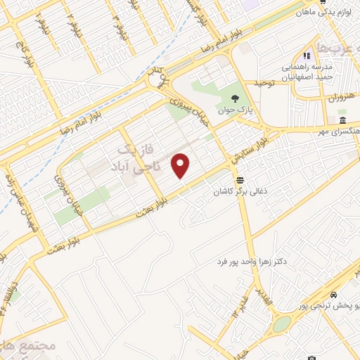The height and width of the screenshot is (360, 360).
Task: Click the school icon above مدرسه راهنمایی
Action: (x=306, y=56)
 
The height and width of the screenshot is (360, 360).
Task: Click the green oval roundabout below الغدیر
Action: (x=281, y=324)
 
